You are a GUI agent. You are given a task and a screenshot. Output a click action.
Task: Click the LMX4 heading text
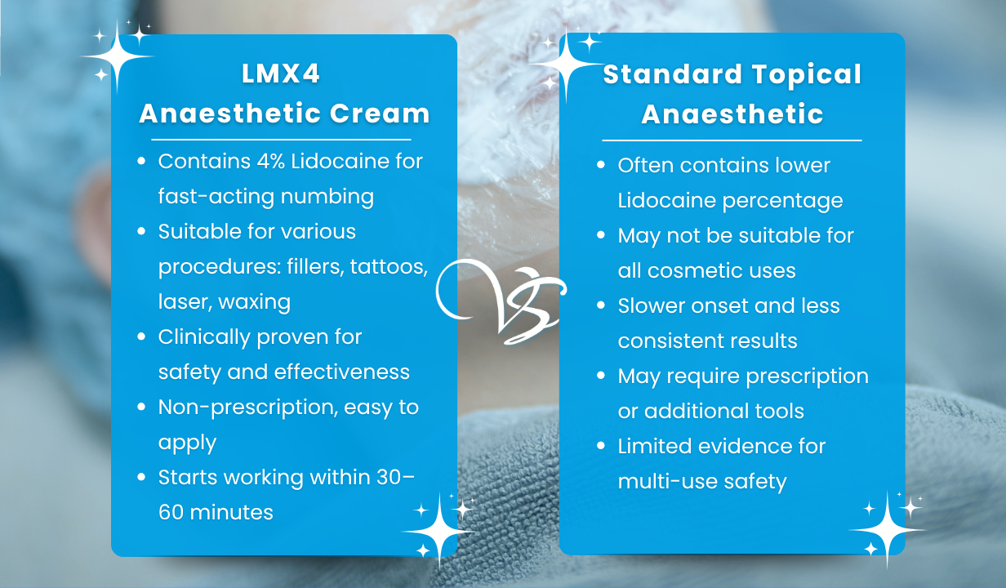tap(281, 73)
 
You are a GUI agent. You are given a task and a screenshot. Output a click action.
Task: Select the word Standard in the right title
tap(672, 74)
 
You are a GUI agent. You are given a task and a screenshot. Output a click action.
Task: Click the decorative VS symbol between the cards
tap(501, 301)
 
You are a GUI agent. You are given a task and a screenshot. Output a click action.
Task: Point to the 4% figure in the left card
tap(271, 161)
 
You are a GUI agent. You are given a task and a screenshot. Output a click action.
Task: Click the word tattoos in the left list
tap(389, 267)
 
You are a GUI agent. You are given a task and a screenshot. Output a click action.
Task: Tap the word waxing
tap(255, 302)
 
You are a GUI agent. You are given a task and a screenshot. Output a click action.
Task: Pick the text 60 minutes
tap(216, 513)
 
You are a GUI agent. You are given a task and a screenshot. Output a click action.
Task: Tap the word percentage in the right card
tap(783, 201)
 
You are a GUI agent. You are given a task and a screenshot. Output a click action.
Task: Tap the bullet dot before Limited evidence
tap(601, 446)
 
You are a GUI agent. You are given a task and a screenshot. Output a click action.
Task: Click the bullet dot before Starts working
tap(141, 477)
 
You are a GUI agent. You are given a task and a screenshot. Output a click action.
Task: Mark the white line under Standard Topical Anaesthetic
tap(732, 140)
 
